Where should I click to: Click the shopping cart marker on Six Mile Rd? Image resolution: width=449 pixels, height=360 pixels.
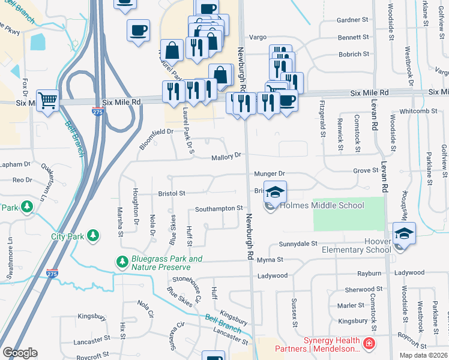point(47,101)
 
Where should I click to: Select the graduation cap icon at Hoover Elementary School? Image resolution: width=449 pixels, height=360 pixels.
point(404,233)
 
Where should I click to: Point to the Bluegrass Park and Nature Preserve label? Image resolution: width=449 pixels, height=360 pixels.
point(166,262)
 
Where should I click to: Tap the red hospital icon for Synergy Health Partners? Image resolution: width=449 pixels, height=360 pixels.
point(369,344)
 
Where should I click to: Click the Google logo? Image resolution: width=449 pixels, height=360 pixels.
point(20,352)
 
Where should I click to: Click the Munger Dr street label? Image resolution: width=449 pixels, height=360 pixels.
point(268,173)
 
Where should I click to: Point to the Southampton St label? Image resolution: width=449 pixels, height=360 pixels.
point(218,209)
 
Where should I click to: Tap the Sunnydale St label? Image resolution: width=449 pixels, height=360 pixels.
point(298,244)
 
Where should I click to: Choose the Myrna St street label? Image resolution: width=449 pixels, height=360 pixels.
point(270,260)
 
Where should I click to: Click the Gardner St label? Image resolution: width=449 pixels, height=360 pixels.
point(352,20)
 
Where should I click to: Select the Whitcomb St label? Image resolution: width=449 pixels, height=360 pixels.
point(417,111)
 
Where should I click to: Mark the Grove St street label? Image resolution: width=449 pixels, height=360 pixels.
point(364,171)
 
